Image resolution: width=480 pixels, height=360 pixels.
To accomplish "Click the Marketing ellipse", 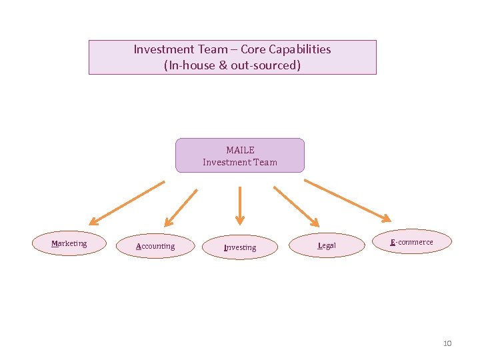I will pos(69,243).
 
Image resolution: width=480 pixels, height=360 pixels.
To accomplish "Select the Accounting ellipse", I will pos(155,246).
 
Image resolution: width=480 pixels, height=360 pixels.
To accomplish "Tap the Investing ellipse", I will pos(239,247).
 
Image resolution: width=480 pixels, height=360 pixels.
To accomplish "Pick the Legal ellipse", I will pos(327,245).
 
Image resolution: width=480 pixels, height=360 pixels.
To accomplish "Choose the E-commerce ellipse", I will pos(412,242).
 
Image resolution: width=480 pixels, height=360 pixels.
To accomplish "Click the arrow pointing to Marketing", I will pos(127,202).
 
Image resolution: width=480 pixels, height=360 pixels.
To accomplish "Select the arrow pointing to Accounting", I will pos(181,207).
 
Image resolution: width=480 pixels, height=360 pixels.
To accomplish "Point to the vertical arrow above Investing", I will pos(240,205).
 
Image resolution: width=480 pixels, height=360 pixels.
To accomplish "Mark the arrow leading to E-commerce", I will pos(347,199).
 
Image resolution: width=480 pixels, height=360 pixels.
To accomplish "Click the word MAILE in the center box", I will pos(240,150).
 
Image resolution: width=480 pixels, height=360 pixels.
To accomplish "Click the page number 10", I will pos(447,343).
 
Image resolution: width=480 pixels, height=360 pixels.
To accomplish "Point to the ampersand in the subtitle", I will pos(223,65).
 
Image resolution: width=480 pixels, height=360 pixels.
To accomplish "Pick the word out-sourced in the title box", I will pos(265,65).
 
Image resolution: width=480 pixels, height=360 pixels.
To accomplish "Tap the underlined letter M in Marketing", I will pos(55,243).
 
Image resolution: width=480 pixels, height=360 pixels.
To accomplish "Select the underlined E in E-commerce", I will pos(393,242).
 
